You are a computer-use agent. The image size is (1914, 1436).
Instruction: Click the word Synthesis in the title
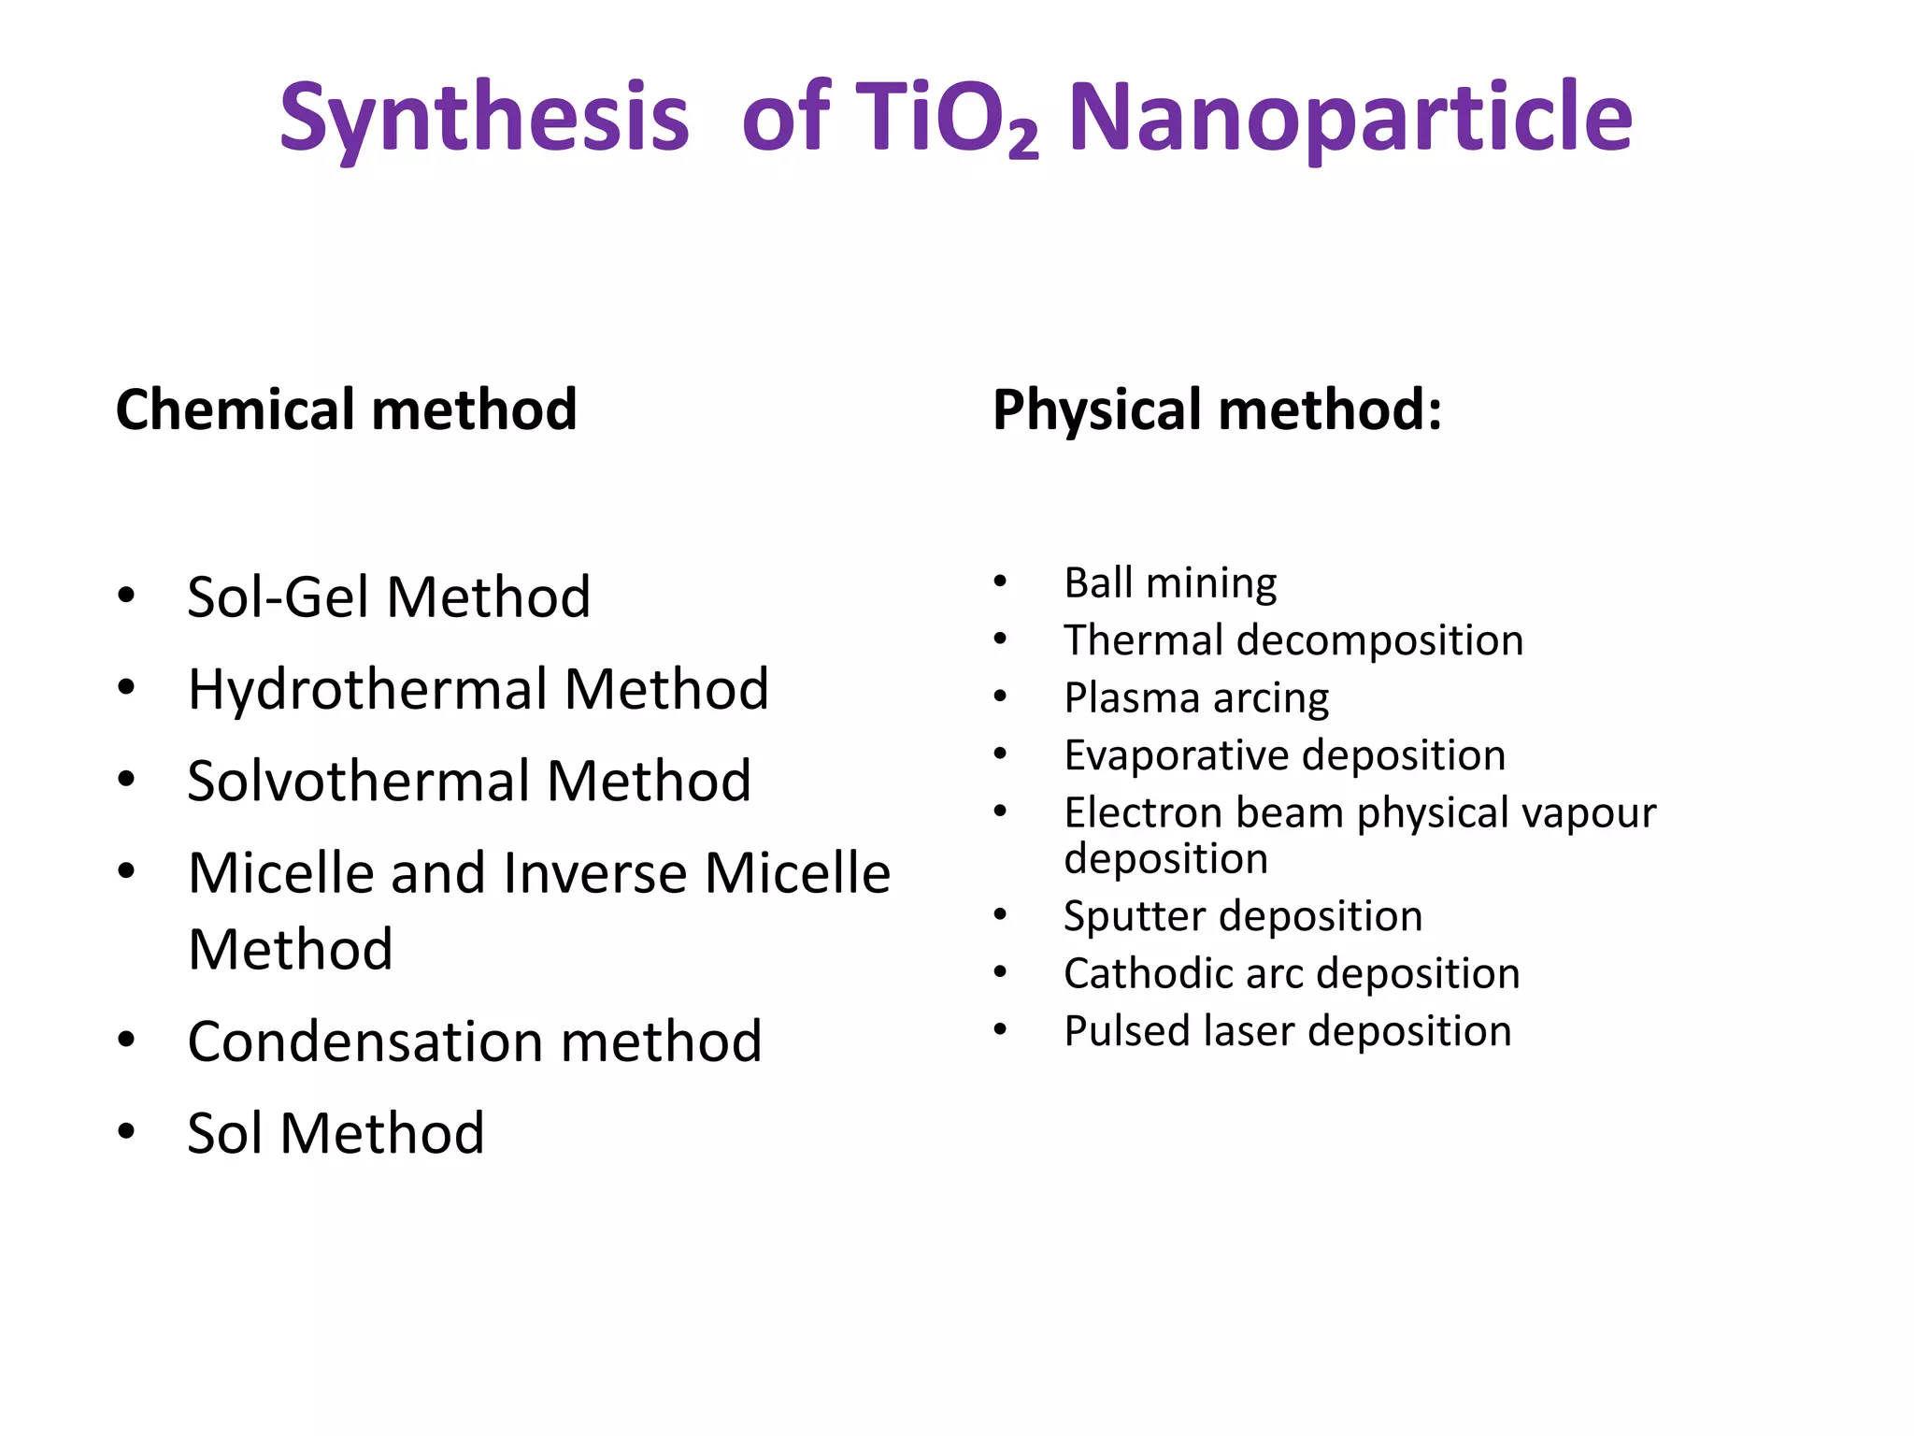(x=484, y=120)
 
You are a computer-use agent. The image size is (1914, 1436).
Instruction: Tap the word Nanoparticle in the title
(x=1350, y=120)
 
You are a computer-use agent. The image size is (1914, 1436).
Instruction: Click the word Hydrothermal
(x=366, y=690)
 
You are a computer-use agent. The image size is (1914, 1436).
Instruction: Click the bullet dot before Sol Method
(x=126, y=1131)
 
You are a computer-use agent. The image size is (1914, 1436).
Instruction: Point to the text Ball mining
(x=1170, y=583)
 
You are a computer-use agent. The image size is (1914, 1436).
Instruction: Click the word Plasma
(x=1131, y=698)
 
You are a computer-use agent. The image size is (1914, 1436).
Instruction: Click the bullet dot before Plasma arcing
(x=1000, y=696)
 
